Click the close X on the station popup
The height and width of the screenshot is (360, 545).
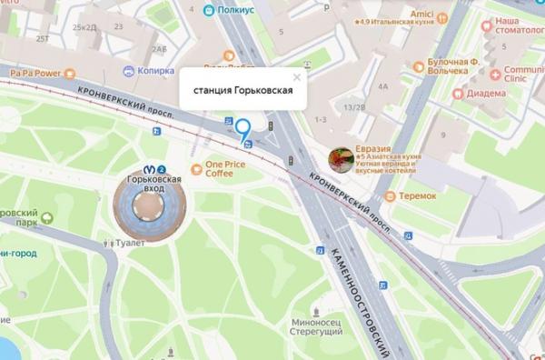(x=296, y=79)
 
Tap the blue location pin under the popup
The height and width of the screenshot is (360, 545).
(x=242, y=129)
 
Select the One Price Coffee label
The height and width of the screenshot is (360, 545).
(x=227, y=169)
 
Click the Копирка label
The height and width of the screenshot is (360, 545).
(x=154, y=69)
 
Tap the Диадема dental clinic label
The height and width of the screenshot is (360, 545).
(x=488, y=92)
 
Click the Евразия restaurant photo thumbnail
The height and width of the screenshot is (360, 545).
(x=341, y=160)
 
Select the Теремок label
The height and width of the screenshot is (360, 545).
(x=416, y=195)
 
